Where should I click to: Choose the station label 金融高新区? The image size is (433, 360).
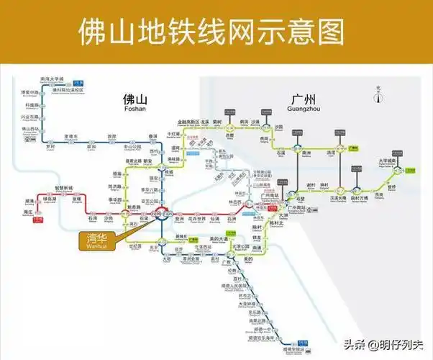(x=188, y=123)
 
